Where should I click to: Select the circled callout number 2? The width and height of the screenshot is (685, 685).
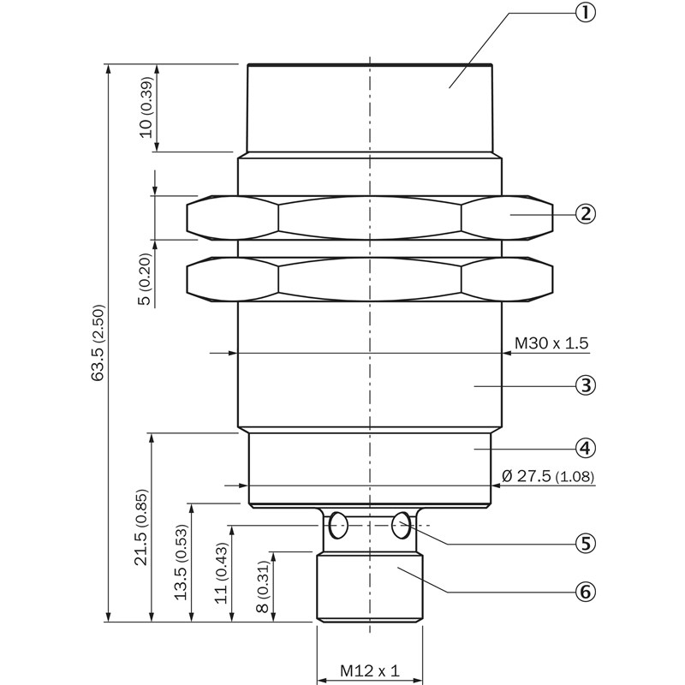coord(585,213)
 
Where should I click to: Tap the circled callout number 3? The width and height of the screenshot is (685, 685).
coord(585,385)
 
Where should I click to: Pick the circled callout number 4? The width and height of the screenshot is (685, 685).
coord(585,447)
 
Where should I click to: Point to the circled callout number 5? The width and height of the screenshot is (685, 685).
coord(585,542)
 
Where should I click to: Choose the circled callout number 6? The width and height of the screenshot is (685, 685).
coord(585,591)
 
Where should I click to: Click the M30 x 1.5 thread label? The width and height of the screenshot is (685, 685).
coord(551,343)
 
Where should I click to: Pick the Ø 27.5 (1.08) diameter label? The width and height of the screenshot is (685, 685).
coord(549,476)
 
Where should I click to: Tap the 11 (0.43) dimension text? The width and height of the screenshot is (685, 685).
coord(222,575)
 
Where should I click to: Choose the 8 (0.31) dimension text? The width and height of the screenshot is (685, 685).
coord(262,587)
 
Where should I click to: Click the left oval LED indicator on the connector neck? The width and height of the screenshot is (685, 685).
coord(338,525)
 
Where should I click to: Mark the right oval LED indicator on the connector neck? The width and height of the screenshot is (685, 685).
coord(400,526)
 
